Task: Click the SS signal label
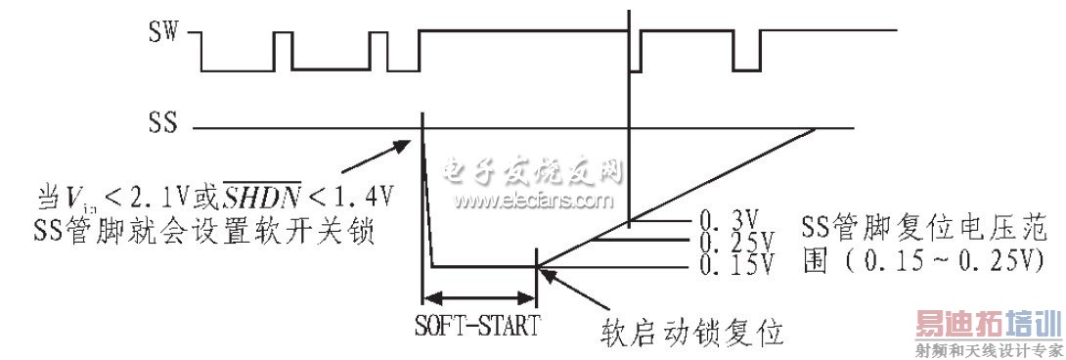tap(161, 126)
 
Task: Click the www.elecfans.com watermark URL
tap(533, 201)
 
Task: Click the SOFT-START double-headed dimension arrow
tap(478, 297)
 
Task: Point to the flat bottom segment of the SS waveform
tap(484, 265)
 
